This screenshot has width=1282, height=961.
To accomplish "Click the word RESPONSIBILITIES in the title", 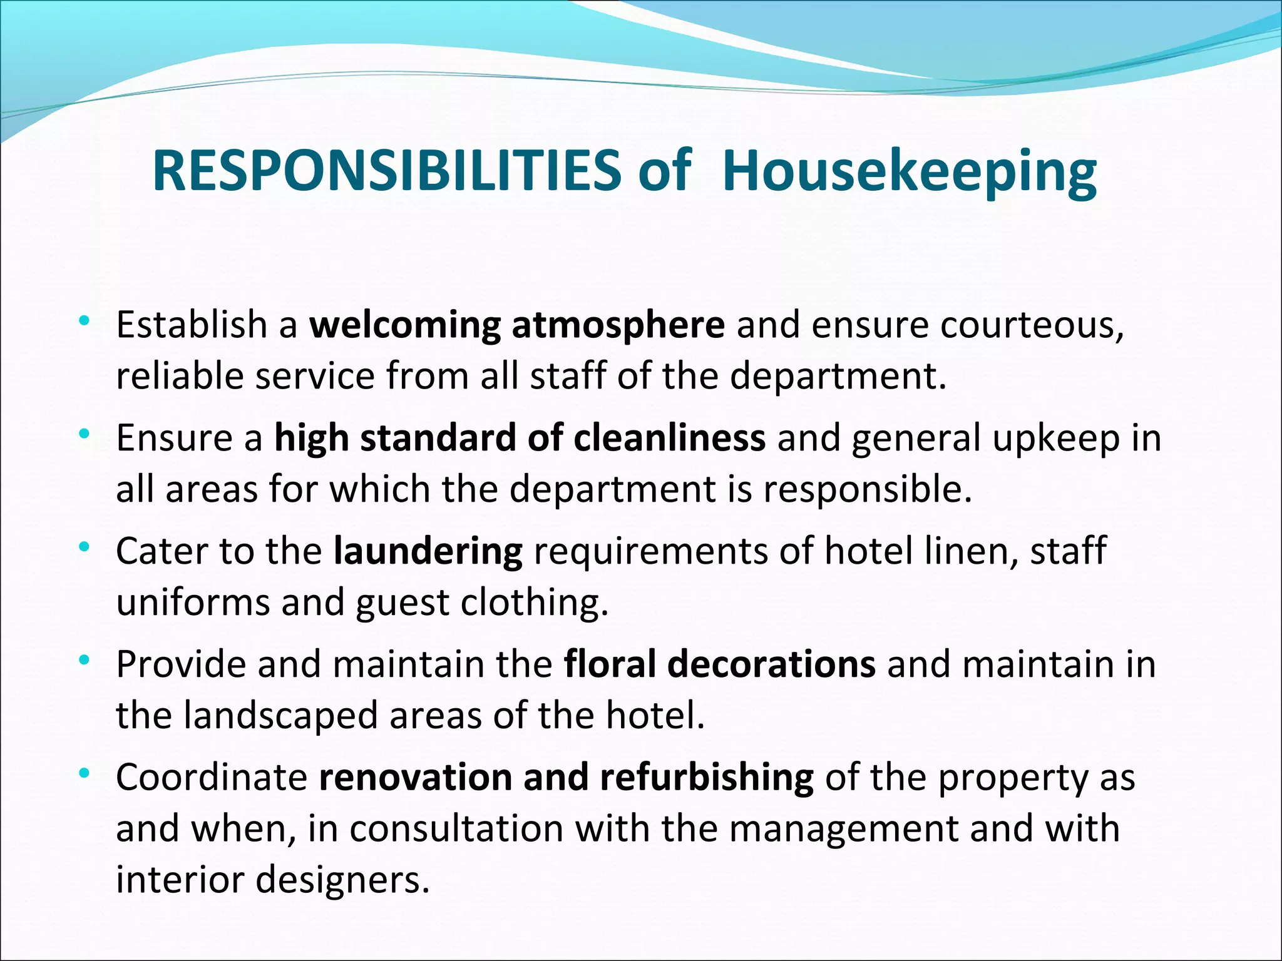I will (x=387, y=171).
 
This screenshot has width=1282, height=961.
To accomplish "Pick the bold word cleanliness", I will (x=669, y=437).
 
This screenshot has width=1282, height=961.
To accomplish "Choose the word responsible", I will (x=868, y=489).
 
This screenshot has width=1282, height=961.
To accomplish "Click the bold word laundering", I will (x=428, y=552).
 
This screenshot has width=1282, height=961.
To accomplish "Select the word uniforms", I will (x=193, y=602).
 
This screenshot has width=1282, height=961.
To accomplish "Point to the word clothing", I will (x=535, y=603).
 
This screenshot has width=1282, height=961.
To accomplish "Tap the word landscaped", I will (x=280, y=716).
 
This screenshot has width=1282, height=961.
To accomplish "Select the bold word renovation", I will (x=415, y=777).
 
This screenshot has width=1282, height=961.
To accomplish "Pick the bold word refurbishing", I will (x=707, y=778).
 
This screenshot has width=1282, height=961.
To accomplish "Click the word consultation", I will (x=456, y=828).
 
